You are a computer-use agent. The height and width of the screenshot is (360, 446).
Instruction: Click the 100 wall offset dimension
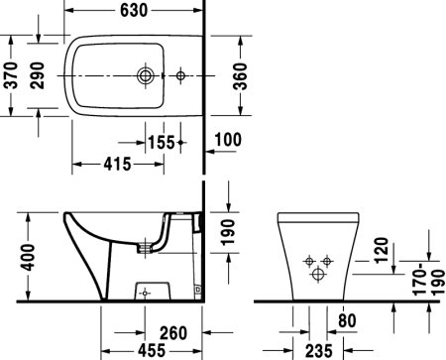[x=228, y=141]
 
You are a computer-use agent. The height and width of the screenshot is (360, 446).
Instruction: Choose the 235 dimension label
[x=317, y=350]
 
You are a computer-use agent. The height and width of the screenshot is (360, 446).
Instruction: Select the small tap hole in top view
[x=180, y=74]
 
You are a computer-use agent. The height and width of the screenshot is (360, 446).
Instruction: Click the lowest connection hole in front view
[x=317, y=272]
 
